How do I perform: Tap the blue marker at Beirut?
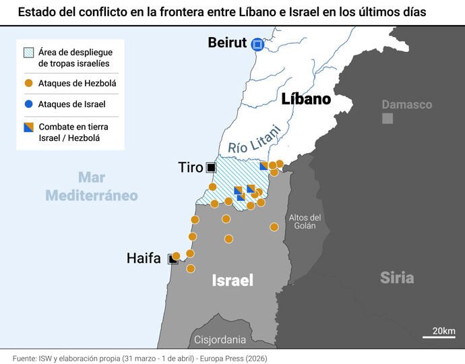(x=257, y=44)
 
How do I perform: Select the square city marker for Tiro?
(x=211, y=167)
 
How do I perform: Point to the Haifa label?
(x=144, y=258)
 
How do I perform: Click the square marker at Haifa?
(x=173, y=260)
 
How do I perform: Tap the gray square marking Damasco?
(x=387, y=119)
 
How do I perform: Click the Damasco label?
(x=406, y=104)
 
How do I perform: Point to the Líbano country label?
(x=306, y=99)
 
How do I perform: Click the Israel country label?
(x=232, y=280)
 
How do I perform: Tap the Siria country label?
(x=396, y=277)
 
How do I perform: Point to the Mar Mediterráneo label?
(x=92, y=187)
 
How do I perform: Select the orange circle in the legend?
(x=28, y=84)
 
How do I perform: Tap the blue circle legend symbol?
(x=28, y=104)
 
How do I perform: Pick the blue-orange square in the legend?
(x=28, y=127)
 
